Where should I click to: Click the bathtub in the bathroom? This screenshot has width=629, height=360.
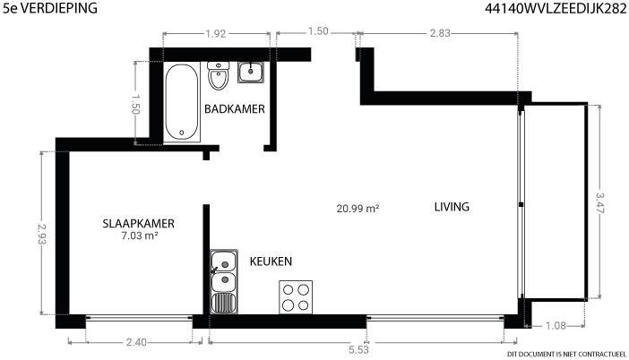pos(182,102)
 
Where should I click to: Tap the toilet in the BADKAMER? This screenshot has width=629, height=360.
pos(219,75)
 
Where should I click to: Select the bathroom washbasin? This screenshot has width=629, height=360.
pos(251,73)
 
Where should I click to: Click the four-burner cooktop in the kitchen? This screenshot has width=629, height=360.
pos(296,297)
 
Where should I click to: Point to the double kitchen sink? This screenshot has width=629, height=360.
pos(224,281)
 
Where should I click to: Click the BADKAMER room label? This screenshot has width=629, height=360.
pos(235,109)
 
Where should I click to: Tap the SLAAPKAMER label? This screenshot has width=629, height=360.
pos(138,224)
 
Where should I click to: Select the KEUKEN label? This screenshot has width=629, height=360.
pos(271,261)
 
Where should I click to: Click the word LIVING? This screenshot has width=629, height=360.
pos(452,207)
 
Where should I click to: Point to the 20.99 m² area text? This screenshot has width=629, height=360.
pos(358,209)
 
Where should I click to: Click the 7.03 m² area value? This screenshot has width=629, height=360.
pos(139,236)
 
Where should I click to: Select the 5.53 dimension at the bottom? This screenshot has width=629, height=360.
pos(358,349)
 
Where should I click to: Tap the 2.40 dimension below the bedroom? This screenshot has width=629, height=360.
pos(136,342)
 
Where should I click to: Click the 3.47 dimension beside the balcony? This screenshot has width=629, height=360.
pos(600,203)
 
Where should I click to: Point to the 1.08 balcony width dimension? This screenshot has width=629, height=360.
pos(556,326)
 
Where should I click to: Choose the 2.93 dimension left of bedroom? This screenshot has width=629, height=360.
pos(42,234)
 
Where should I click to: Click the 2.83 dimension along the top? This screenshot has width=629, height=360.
pos(440,33)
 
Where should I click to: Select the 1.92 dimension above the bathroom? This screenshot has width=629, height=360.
pos(216,34)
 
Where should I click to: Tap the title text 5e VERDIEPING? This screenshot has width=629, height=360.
pos(50,8)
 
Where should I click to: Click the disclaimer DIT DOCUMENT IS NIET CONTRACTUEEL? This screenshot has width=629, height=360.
pos(566,354)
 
